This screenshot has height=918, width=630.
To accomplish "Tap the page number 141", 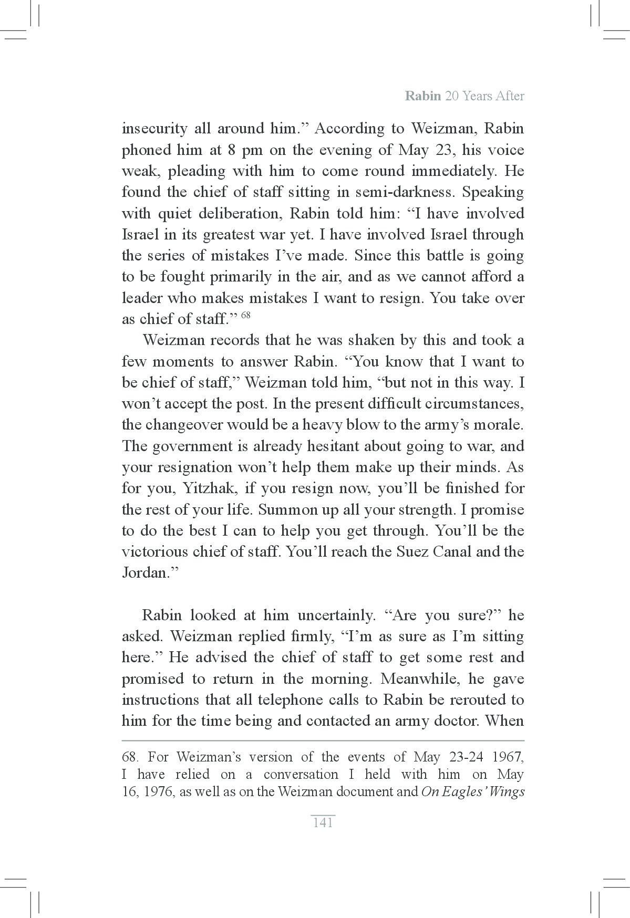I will (323, 823).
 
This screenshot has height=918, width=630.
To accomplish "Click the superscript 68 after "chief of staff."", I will (245, 316).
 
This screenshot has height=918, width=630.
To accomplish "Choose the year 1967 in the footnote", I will (508, 757).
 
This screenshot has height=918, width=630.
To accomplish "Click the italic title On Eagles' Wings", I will (473, 792).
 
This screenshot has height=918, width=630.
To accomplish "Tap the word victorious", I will (153, 552).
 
